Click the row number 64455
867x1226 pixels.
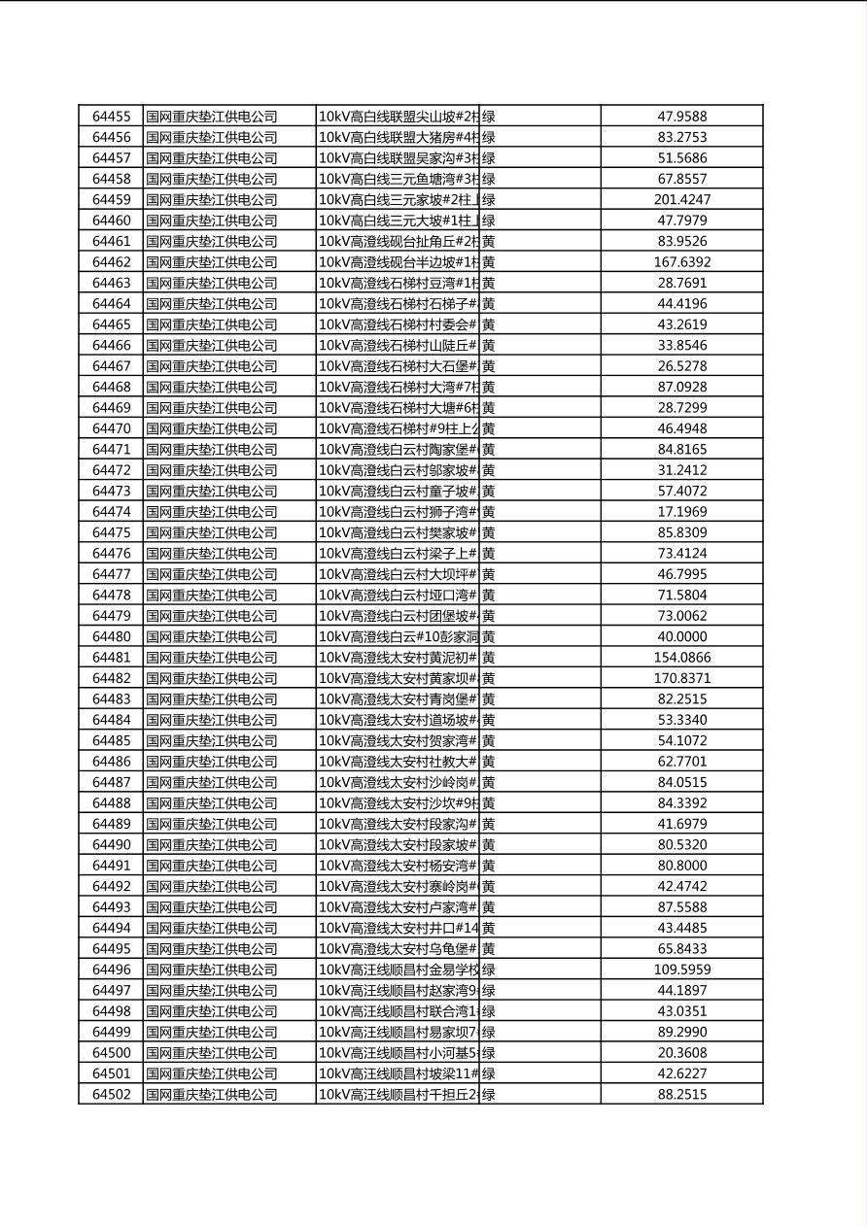[111, 117]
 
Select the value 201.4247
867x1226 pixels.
[681, 200]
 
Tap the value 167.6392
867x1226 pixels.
[681, 262]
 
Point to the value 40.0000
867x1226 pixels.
[681, 637]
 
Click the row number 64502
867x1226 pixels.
[111, 1095]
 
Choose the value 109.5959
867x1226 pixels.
[681, 970]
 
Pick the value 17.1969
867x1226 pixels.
[681, 512]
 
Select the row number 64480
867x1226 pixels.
[111, 637]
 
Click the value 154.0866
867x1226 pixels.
[681, 658]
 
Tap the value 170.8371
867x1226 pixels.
[681, 679]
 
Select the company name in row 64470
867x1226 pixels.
[212, 428]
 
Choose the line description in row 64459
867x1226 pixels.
[399, 200]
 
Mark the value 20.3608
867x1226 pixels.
[681, 1053]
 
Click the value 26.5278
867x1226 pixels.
[681, 366]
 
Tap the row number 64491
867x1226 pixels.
[111, 866]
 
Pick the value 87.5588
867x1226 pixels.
[681, 907]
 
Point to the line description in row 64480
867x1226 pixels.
[399, 637]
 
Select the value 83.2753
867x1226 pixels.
[681, 138]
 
